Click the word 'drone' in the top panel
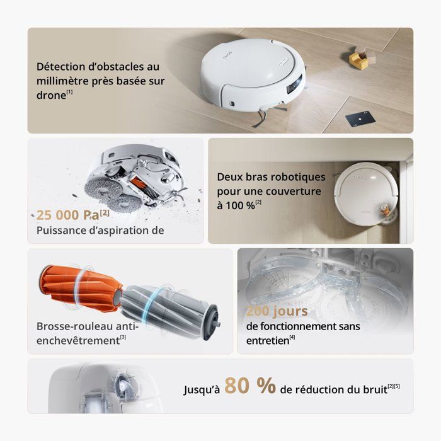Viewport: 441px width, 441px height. tap(50, 94)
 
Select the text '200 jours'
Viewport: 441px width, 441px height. tap(277, 311)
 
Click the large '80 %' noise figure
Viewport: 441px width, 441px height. tap(249, 386)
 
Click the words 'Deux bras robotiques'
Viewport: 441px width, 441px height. tap(272, 177)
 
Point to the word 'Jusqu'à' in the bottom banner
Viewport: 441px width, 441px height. tap(202, 390)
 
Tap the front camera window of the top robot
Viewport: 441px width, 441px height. tap(292, 89)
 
